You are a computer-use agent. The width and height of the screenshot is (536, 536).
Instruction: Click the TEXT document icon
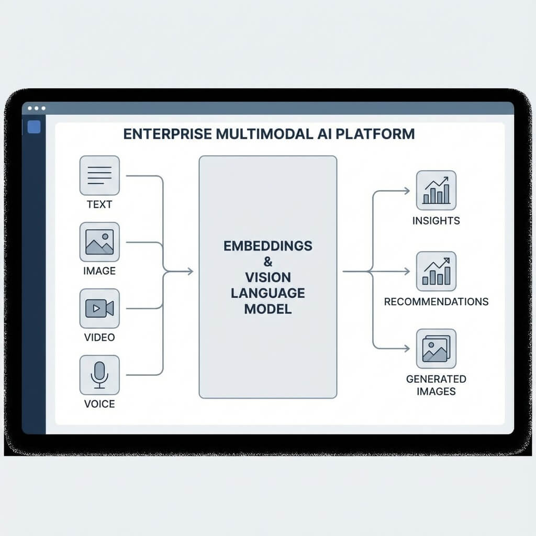point(99,175)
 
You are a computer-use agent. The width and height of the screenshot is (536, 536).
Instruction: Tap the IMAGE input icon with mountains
point(99,242)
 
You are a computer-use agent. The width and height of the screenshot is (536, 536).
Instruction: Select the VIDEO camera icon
point(99,308)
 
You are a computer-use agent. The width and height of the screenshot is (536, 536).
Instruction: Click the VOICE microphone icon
point(99,375)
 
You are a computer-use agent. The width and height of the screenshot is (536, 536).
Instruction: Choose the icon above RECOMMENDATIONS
point(436,271)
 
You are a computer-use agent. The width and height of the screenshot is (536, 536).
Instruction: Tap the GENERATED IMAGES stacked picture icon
point(436,349)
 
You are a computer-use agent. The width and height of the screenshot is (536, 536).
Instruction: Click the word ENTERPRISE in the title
point(166,134)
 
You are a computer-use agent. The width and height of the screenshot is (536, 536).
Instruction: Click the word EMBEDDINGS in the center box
point(268,245)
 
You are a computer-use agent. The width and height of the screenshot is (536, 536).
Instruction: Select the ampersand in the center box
point(268,261)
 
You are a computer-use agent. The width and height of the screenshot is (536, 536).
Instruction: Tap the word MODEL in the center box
point(268,309)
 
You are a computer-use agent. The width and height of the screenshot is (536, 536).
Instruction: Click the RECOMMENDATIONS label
point(436,302)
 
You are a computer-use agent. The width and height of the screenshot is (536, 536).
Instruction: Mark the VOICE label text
point(99,404)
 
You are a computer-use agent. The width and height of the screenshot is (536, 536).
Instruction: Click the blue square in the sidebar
point(34,127)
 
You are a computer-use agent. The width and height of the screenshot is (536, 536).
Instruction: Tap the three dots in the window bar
point(37,108)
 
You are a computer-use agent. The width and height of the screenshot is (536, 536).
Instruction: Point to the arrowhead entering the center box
point(190,271)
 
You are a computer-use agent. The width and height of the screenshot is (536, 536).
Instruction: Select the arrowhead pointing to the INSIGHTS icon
point(406,191)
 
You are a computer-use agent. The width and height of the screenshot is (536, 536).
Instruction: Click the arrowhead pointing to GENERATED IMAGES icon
point(406,348)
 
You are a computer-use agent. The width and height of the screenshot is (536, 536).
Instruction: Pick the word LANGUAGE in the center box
point(268,293)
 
